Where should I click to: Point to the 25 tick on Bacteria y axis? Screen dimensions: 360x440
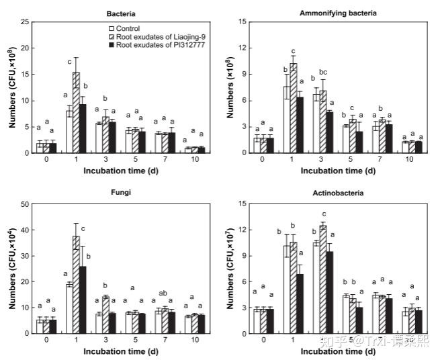[x=25, y=22]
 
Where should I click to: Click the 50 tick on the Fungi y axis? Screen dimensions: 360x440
[x=25, y=204]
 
